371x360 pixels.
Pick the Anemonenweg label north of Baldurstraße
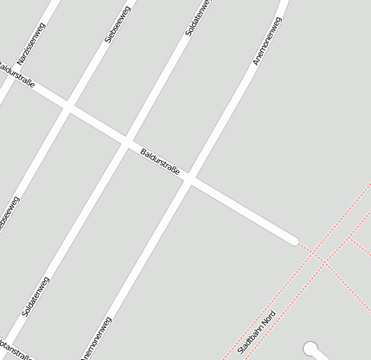coord(266,44)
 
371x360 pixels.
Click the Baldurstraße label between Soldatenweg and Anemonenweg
coord(160,163)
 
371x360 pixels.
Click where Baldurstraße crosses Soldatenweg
coord(127,141)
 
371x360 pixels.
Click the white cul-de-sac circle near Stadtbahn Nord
coord(310,348)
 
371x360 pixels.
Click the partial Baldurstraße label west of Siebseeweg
coord(18,82)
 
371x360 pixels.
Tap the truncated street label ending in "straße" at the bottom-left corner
coord(16,356)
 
